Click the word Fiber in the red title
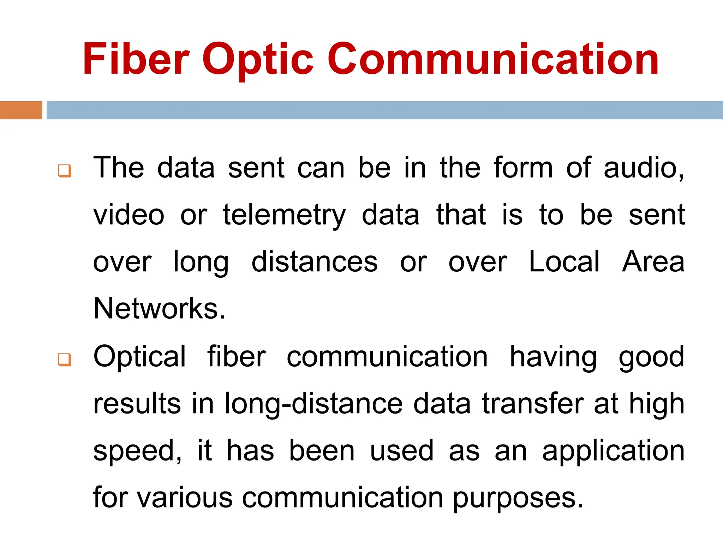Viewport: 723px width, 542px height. point(136,59)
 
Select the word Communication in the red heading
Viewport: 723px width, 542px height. point(493,59)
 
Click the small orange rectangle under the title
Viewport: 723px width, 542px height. point(21,110)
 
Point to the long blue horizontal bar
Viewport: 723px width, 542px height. point(384,110)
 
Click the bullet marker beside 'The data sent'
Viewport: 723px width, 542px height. point(65,171)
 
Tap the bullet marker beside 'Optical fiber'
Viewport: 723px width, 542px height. point(65,360)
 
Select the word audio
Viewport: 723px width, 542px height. point(644,168)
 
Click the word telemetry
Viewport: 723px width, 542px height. point(284,216)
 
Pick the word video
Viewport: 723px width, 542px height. point(129,215)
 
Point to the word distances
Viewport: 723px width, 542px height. point(314,262)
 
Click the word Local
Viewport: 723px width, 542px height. point(564,262)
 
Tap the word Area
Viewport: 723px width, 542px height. point(653,262)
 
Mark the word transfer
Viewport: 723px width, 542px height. point(533,404)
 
